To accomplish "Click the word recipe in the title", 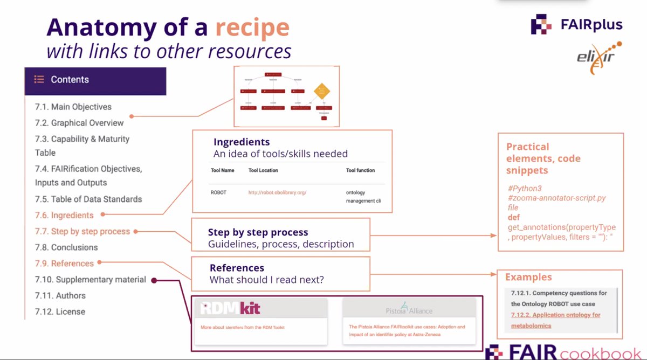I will [x=252, y=27].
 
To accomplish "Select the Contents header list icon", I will [x=39, y=79].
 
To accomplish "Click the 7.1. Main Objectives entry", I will [x=73, y=107].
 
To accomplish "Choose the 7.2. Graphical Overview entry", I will [x=79, y=123].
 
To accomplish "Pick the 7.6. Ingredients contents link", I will [x=64, y=215].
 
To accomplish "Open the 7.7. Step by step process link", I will [x=82, y=231].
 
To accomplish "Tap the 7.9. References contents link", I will [x=64, y=264].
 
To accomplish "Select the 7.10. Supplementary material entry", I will [x=91, y=280].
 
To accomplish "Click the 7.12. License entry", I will [x=60, y=311].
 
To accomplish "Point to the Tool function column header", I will [x=360, y=170].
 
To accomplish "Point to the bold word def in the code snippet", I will [x=513, y=218].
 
